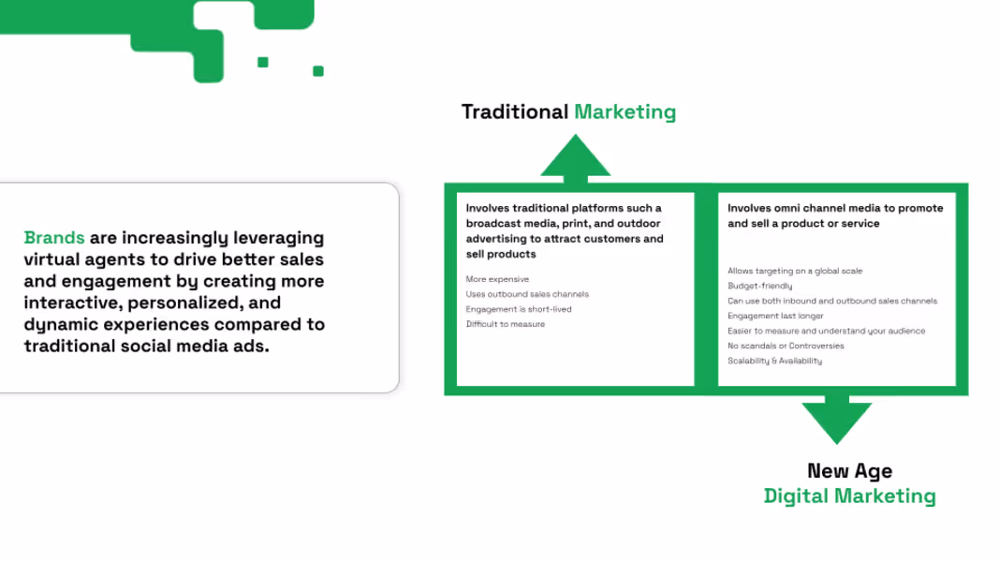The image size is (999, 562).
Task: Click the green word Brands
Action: tap(54, 238)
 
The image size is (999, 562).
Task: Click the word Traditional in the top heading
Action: tap(515, 111)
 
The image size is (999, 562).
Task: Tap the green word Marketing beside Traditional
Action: tap(625, 112)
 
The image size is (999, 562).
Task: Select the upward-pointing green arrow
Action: tap(575, 159)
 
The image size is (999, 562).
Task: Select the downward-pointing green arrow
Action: tap(836, 420)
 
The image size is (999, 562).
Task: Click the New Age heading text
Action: tap(850, 471)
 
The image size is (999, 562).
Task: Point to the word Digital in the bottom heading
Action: tap(797, 495)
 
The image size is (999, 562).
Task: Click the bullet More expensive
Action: tap(497, 279)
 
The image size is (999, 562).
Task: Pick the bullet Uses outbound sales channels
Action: tap(527, 294)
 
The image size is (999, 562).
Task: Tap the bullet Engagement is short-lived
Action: tap(519, 309)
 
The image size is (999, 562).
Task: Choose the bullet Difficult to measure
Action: tap(506, 324)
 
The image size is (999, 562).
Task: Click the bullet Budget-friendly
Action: tap(760, 286)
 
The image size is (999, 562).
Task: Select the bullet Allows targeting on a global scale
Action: tap(795, 271)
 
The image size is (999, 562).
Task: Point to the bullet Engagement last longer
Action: tap(775, 316)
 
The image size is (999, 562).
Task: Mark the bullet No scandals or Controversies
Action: tap(786, 346)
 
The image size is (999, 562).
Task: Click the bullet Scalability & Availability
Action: tap(774, 361)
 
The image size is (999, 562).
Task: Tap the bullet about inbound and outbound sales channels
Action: tap(832, 301)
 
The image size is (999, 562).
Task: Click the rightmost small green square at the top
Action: tap(318, 71)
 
